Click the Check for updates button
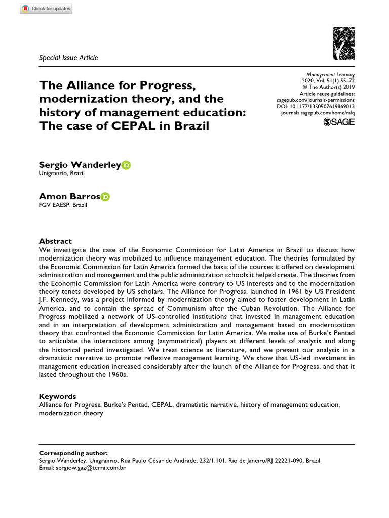[46, 9]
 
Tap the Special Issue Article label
[68, 58]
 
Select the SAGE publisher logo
[339, 122]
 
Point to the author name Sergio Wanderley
[80, 165]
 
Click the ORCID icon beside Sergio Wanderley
[126, 165]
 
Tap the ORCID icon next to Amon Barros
[105, 197]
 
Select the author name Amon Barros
[69, 197]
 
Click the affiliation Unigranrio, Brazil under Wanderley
[61, 174]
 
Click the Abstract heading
[56, 241]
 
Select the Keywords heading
[58, 396]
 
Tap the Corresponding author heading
[73, 453]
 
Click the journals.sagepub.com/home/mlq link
[318, 114]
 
